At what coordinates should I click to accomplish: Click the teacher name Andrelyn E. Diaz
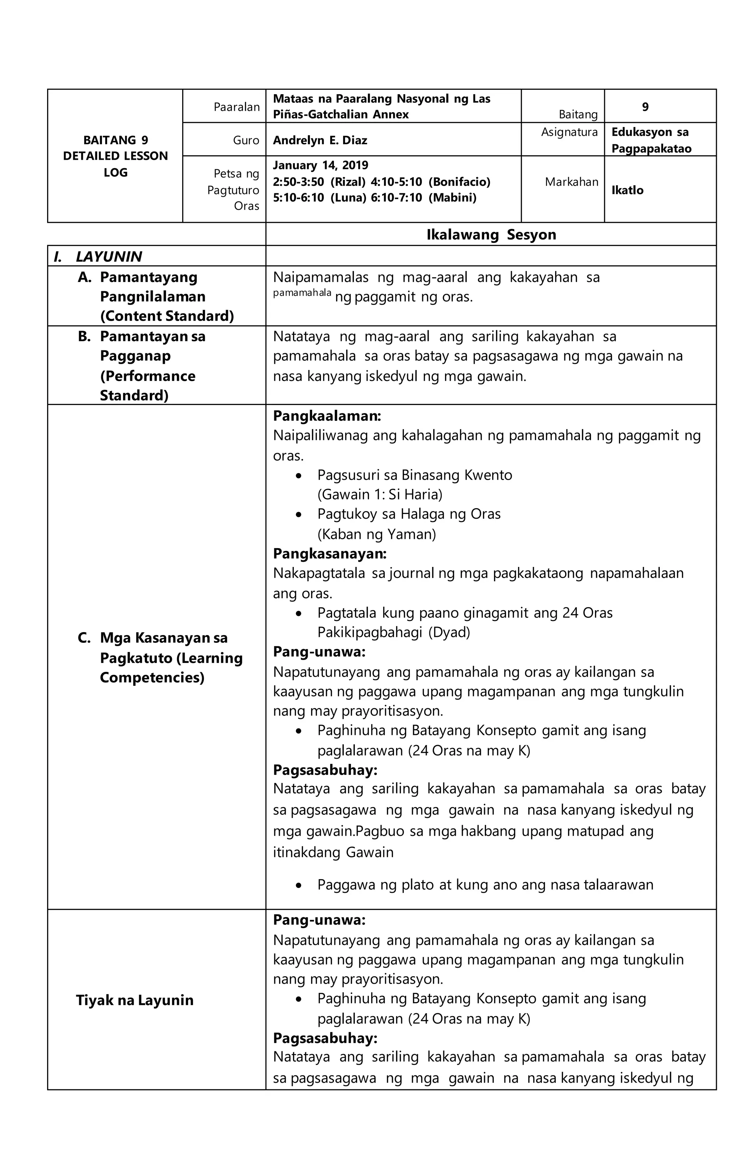pos(320,141)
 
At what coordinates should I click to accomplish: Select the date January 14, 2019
pos(320,165)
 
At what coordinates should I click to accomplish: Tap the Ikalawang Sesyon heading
pos(491,235)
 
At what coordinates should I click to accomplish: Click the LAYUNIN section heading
pos(109,256)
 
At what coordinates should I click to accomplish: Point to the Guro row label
pos(246,141)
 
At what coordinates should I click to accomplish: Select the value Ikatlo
pos(627,190)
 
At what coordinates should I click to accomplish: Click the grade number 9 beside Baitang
pos(645,107)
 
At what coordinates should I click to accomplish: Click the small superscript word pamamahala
pos(302,293)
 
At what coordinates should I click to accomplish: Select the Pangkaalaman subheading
pos(327,416)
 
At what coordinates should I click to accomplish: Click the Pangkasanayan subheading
pos(330,553)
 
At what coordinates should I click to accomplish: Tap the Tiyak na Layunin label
pos(135,1000)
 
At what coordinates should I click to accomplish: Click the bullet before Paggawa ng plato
pos(299,885)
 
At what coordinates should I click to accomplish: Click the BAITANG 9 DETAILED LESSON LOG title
pos(115,156)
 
